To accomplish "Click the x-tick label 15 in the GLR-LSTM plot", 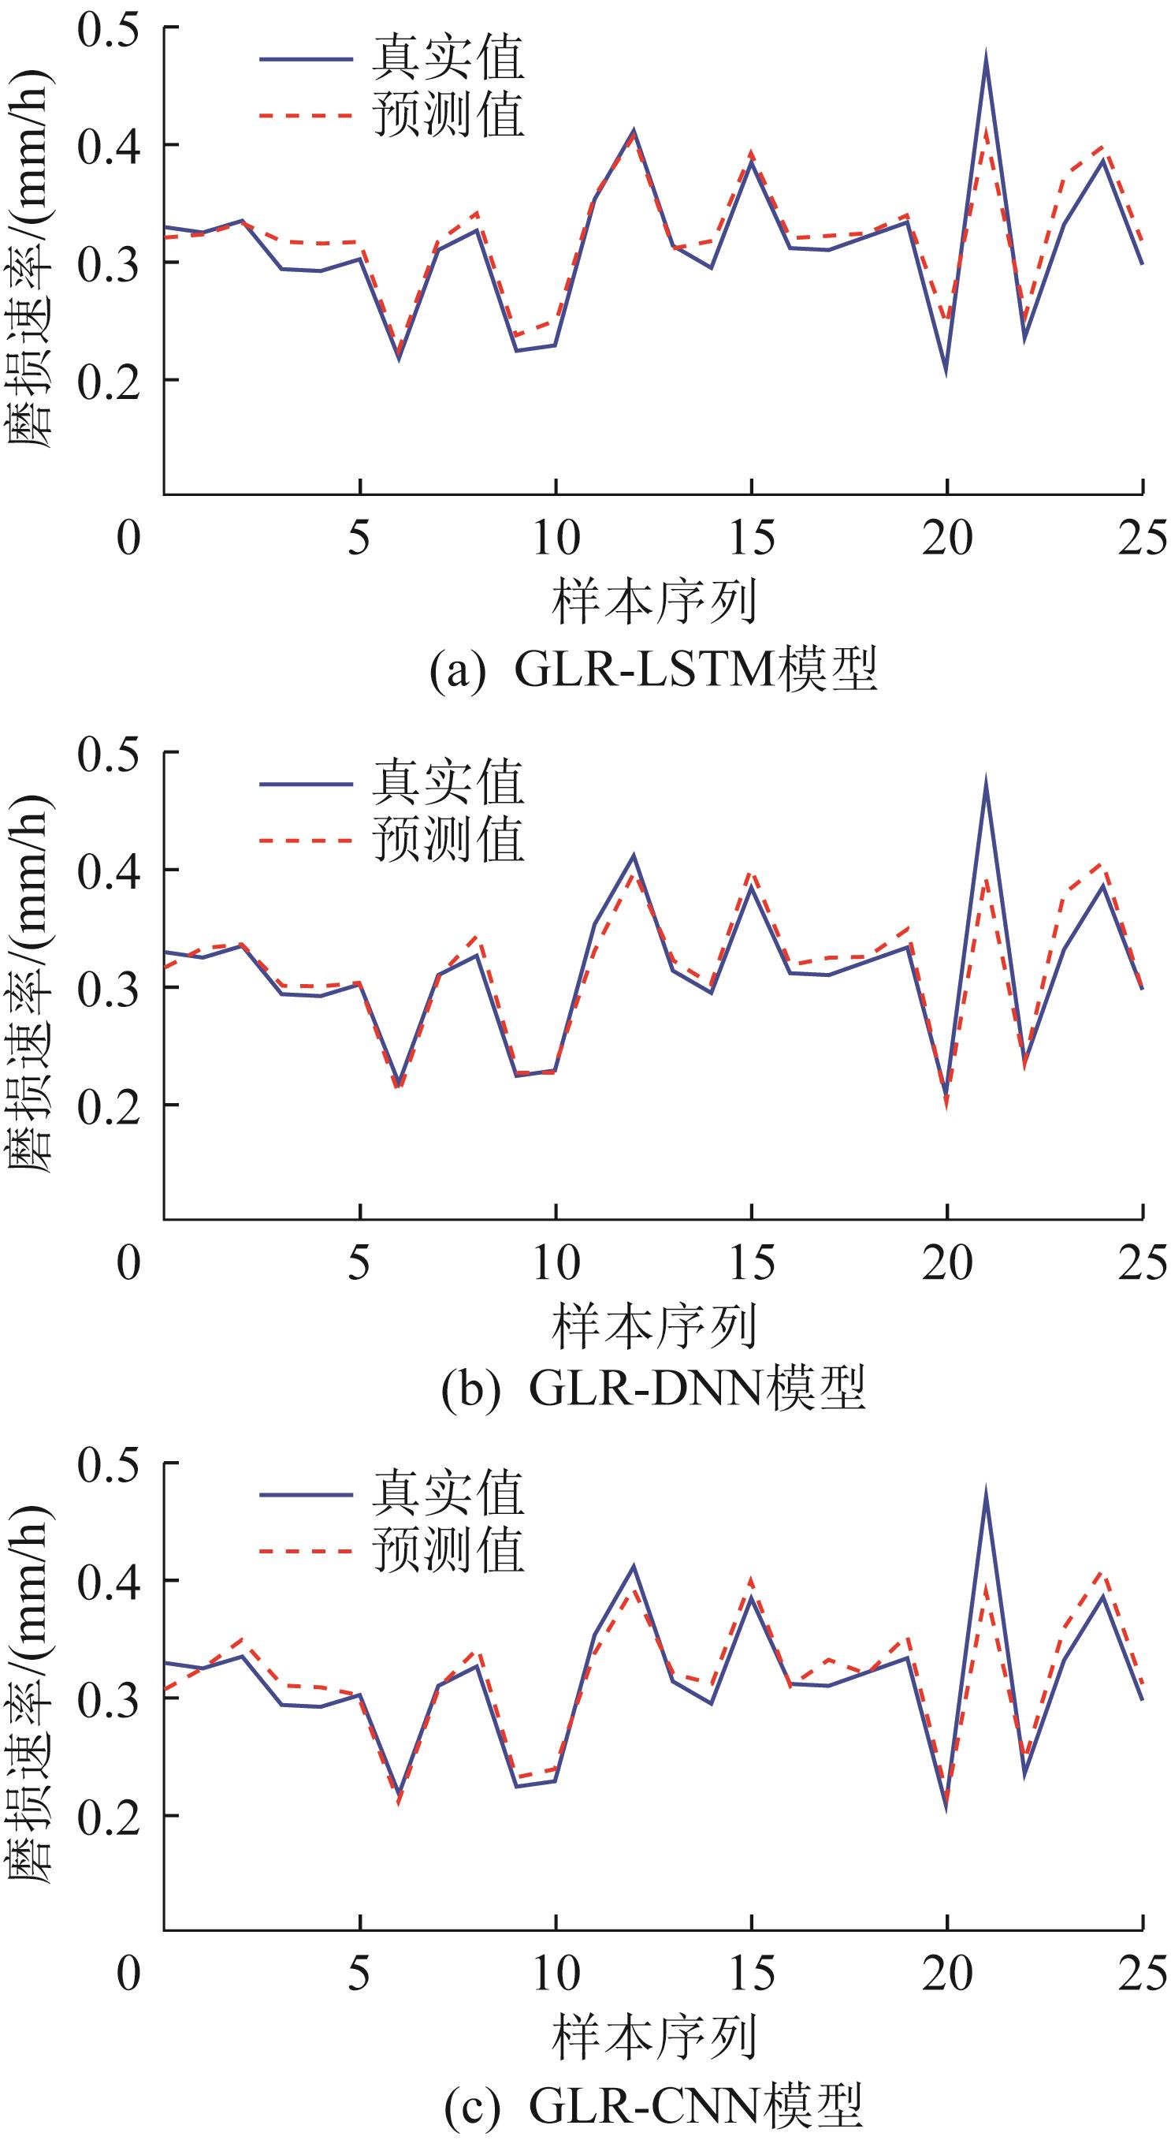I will click(752, 539).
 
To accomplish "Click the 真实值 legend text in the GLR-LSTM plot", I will click(448, 58).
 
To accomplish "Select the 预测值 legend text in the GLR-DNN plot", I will click(448, 839).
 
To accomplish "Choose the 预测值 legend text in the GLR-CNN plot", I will click(448, 1550).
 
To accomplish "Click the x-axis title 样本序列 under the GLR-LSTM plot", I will click(653, 603).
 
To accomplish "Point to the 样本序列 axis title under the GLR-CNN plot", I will click(653, 2035).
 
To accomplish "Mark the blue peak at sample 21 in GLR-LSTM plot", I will click(986, 57).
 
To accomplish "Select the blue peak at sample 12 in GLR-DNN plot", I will click(633, 856).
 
